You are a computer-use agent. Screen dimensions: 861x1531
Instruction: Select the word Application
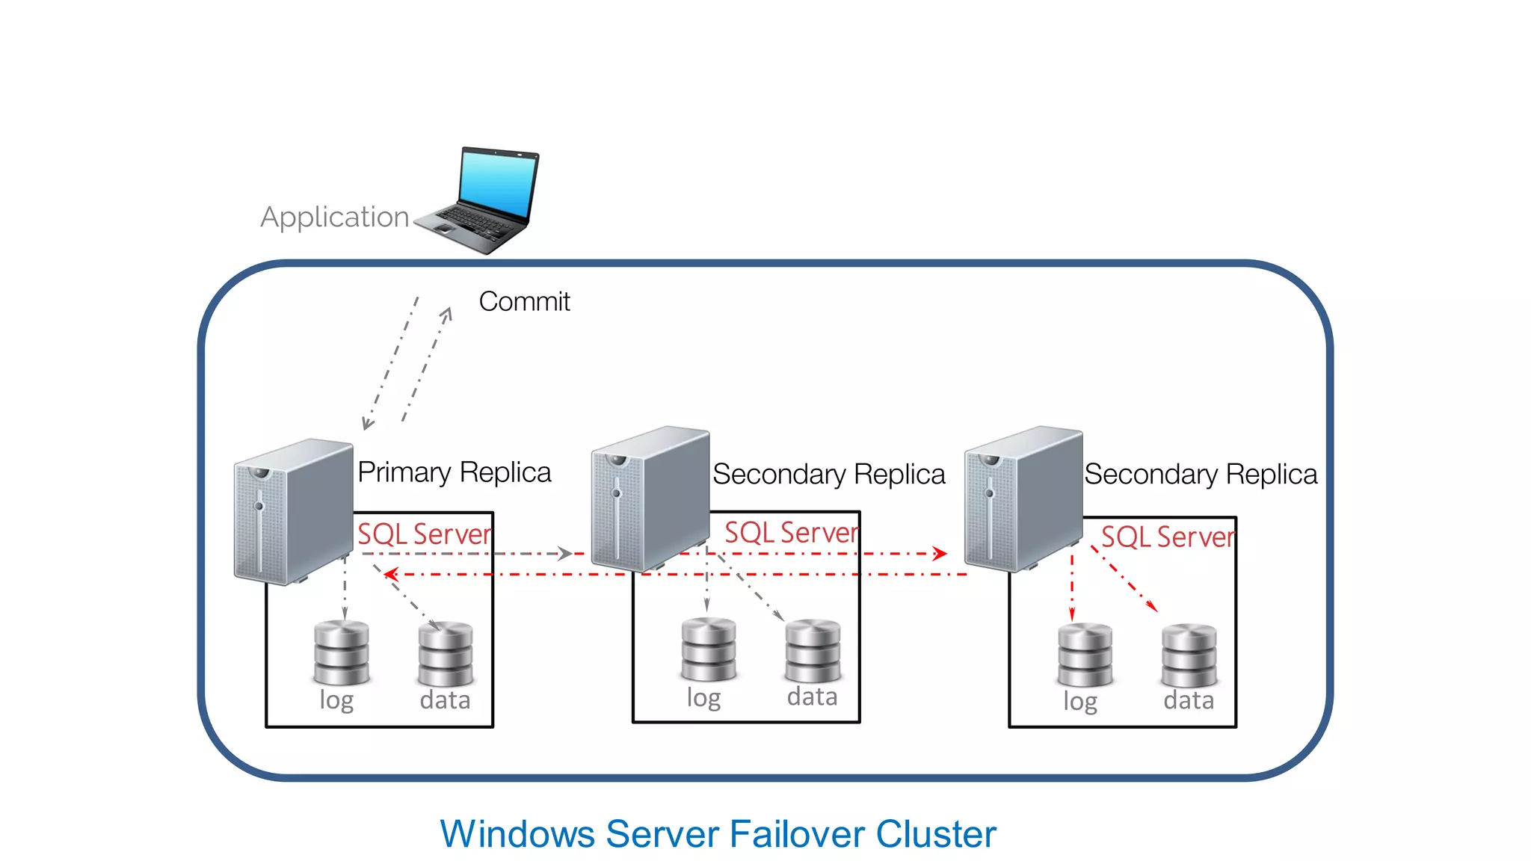click(x=334, y=217)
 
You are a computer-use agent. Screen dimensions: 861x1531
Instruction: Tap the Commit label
click(x=524, y=302)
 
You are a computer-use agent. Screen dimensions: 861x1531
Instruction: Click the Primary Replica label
click(x=454, y=472)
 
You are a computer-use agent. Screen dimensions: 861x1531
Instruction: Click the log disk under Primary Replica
click(x=342, y=652)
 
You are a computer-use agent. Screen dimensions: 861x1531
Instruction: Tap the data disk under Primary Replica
click(x=446, y=654)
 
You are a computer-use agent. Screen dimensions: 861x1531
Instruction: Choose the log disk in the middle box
click(x=708, y=649)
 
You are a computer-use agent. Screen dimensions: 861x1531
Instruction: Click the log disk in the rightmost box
click(x=1085, y=655)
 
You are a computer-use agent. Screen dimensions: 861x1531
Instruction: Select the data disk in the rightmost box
click(x=1189, y=655)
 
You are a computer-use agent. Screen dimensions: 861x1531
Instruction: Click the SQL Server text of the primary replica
click(x=424, y=534)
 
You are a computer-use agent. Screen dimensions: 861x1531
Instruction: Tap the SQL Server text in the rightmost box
click(x=1168, y=537)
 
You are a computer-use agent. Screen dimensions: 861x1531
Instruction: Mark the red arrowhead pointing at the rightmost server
click(x=940, y=554)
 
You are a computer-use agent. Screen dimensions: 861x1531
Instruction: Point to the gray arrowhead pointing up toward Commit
click(x=447, y=313)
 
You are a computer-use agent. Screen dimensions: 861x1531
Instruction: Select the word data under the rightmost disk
click(x=1189, y=700)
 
